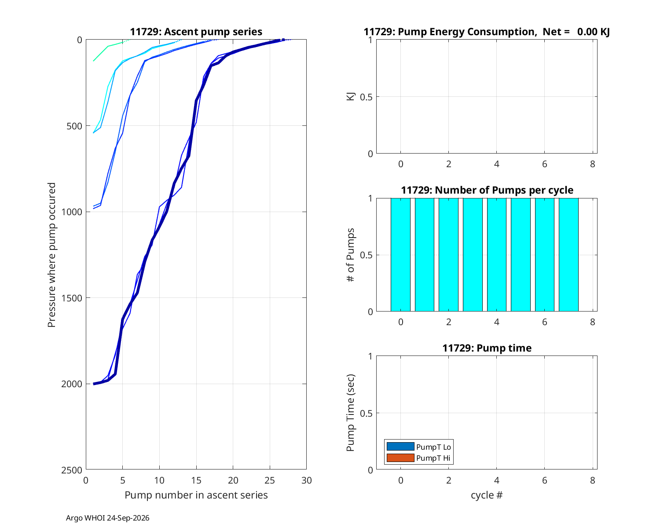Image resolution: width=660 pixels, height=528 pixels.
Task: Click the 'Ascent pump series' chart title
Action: pyautogui.click(x=196, y=32)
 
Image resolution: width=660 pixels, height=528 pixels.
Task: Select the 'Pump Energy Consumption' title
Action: pyautogui.click(x=450, y=32)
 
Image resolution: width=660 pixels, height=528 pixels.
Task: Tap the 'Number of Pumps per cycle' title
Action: pyautogui.click(x=487, y=190)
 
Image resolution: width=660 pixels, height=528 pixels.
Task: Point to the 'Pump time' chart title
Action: pyautogui.click(x=487, y=348)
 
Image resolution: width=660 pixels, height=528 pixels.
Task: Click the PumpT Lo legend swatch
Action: pyautogui.click(x=400, y=447)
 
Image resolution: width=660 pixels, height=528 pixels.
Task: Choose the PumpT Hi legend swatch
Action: pyautogui.click(x=400, y=458)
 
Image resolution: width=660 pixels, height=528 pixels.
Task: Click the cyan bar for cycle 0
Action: pyautogui.click(x=400, y=255)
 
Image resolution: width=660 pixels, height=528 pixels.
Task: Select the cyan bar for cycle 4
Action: pyautogui.click(x=496, y=255)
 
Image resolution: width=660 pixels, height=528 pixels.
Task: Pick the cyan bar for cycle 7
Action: pyautogui.click(x=568, y=255)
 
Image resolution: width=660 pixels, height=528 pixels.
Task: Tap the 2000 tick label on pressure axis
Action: pyautogui.click(x=71, y=384)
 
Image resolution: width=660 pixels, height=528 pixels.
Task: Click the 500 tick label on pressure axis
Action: pyautogui.click(x=74, y=126)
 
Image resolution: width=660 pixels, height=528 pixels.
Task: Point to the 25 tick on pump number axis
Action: pyautogui.click(x=270, y=480)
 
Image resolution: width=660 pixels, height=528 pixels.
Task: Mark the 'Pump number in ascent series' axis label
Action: pyautogui.click(x=196, y=495)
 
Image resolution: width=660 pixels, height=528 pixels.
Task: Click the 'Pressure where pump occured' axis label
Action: pyautogui.click(x=51, y=255)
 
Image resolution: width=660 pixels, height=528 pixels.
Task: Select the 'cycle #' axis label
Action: pyautogui.click(x=487, y=495)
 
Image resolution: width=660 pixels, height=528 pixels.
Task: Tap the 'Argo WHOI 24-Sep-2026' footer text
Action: pyautogui.click(x=108, y=518)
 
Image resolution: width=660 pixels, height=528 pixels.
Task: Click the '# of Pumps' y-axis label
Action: pyautogui.click(x=350, y=255)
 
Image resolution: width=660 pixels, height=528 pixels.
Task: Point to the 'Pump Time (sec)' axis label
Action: pyautogui.click(x=350, y=413)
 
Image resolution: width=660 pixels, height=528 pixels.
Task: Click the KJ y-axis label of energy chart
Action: pyautogui.click(x=350, y=96)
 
